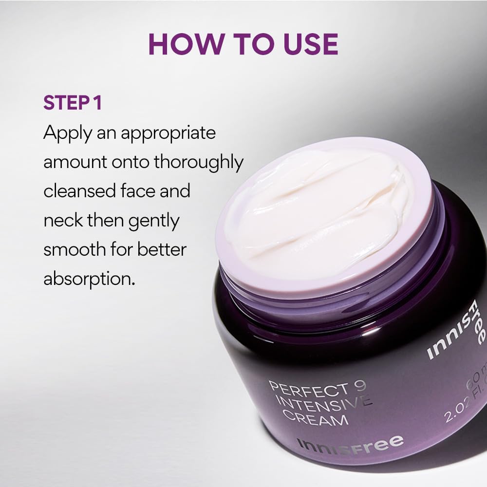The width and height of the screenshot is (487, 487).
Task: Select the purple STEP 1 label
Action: coord(73,103)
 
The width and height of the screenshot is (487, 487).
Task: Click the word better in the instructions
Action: coord(162,249)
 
